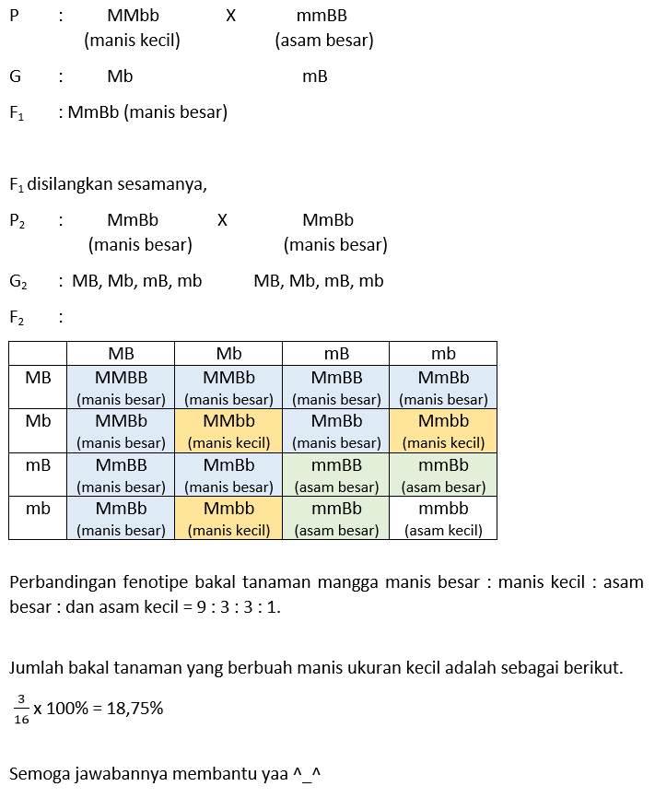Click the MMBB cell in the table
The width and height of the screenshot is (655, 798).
(x=121, y=387)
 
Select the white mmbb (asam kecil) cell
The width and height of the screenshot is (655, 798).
(x=443, y=518)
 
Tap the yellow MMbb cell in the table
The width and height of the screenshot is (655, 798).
(x=228, y=430)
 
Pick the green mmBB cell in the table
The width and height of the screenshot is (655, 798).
(x=336, y=474)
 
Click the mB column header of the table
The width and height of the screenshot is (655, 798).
(x=336, y=354)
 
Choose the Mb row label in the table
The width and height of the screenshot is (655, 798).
(x=38, y=421)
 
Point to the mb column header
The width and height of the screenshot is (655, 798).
(x=443, y=354)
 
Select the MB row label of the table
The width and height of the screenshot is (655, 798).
(x=38, y=378)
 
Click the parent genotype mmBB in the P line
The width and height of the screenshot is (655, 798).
(x=322, y=16)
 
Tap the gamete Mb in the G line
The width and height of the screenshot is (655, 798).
(x=120, y=76)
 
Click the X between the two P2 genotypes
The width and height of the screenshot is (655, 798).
(x=222, y=220)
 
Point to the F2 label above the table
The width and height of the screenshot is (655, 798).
(x=18, y=318)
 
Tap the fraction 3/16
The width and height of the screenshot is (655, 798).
(x=21, y=709)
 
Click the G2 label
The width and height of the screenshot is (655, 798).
(x=18, y=281)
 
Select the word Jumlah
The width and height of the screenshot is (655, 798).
(x=36, y=667)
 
